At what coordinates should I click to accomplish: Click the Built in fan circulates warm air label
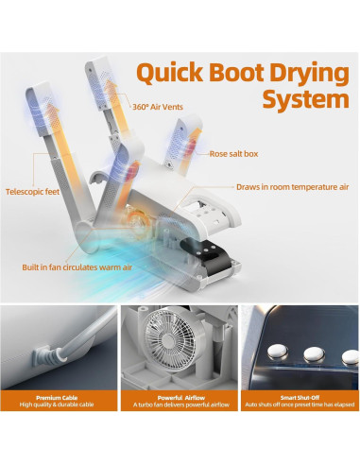[x=78, y=267]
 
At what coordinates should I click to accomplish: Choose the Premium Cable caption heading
[x=59, y=398]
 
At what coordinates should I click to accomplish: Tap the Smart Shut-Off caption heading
[x=300, y=398]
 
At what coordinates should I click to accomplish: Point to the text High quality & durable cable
[x=59, y=405]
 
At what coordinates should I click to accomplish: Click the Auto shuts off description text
[x=300, y=405]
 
